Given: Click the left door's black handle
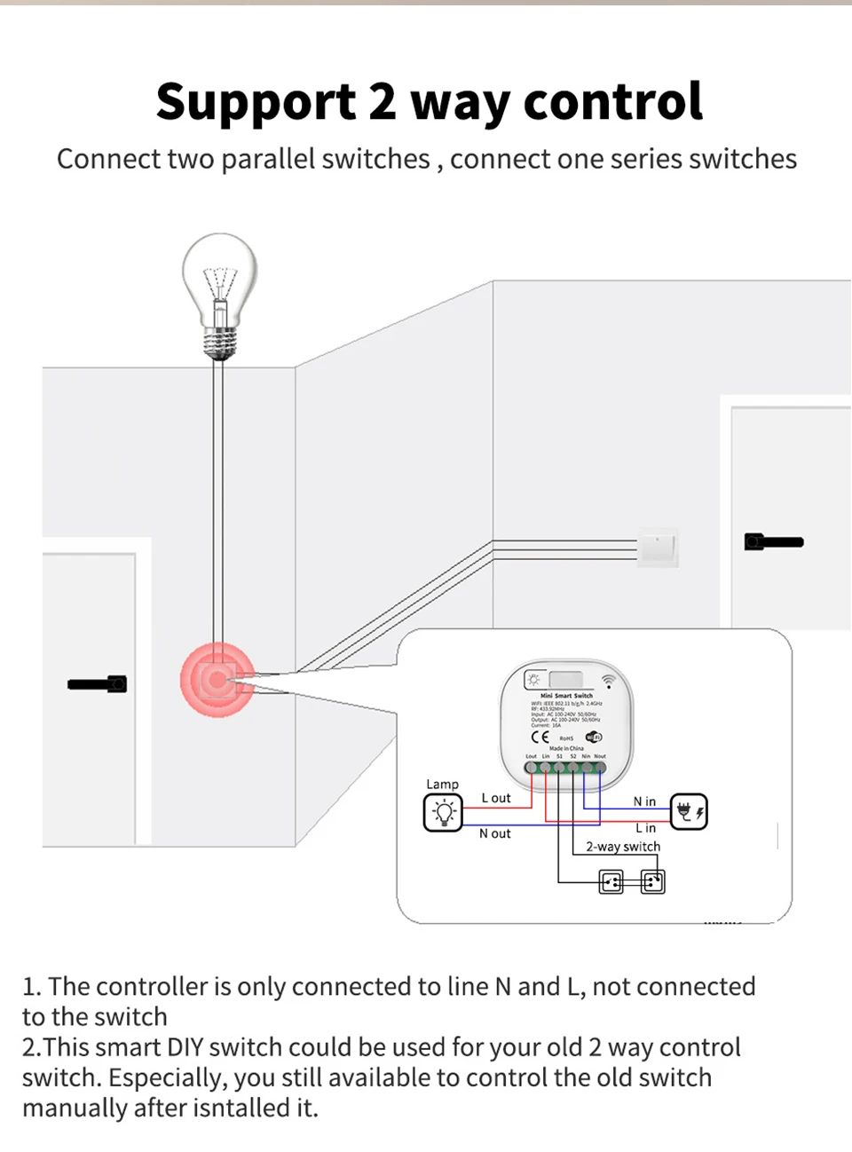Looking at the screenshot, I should tap(98, 684).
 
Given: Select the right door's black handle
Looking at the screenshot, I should tap(774, 541).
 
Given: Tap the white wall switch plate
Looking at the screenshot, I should tap(658, 547).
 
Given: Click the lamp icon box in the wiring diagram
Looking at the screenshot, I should tap(443, 812).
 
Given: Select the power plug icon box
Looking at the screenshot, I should tap(689, 811).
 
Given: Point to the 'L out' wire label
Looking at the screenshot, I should tap(496, 798).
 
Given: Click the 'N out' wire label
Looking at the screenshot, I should tap(495, 833).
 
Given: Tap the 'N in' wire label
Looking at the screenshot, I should tap(644, 801).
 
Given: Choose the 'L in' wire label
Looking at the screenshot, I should tap(645, 828).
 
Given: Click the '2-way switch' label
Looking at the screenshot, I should tap(623, 847).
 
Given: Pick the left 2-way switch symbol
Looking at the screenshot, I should tap(611, 881).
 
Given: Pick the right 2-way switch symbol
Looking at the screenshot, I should tap(652, 881).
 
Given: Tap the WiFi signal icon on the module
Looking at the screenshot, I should tap(609, 682).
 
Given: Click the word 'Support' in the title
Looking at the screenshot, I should tap(256, 102).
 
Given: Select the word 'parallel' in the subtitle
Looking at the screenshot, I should tap(268, 159).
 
